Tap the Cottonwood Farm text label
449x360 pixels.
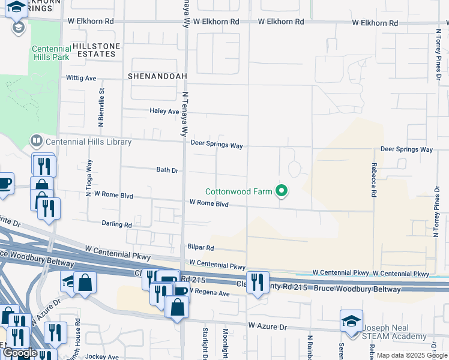(239, 192)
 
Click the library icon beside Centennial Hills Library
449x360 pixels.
(37, 142)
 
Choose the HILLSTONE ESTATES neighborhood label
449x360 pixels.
(96, 50)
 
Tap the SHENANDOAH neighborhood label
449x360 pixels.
(158, 76)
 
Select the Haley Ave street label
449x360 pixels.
(164, 111)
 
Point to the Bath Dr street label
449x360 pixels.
(167, 170)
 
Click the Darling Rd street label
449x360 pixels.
(117, 224)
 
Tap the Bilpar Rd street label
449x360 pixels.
(200, 247)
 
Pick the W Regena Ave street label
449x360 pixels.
(210, 293)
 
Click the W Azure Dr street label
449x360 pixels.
(268, 327)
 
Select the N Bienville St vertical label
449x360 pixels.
(101, 107)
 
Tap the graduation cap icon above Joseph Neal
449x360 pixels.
(351, 321)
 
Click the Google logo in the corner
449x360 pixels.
(19, 353)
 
